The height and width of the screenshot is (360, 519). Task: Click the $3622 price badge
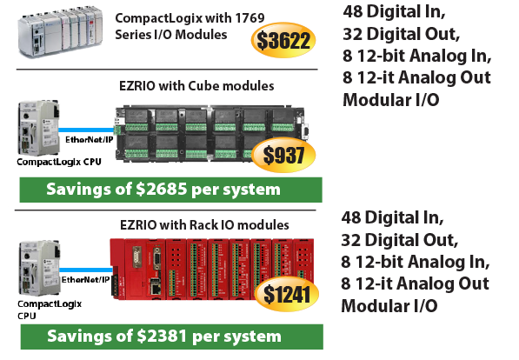pos(283,40)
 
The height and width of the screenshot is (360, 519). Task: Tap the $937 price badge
pos(283,155)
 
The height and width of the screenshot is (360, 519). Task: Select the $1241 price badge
pos(287,294)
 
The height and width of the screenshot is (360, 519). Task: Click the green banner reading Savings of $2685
pos(170,190)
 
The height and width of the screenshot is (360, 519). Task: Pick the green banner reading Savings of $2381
pos(172,337)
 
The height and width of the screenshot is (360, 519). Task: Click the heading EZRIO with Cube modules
pos(196,86)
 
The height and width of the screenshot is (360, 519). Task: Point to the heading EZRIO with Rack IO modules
pos(204,225)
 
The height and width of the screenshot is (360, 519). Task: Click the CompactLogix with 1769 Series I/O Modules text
pos(190,26)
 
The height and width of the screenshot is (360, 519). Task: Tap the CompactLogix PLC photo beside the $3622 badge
pos(60,31)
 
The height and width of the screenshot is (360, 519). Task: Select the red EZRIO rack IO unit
pos(212,269)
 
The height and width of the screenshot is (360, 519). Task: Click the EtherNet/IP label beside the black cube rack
pos(89,140)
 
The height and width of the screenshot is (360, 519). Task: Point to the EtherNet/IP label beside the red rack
pos(85,280)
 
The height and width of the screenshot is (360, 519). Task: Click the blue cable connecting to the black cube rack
pos(86,130)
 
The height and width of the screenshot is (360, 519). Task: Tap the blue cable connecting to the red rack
pos(86,270)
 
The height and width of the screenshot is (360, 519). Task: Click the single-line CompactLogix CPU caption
pos(59,162)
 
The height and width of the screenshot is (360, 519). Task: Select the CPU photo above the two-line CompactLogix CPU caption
pos(39,269)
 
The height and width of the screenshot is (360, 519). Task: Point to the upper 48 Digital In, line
pos(394,11)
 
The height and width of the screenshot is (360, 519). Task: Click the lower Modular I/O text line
pos(389,306)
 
